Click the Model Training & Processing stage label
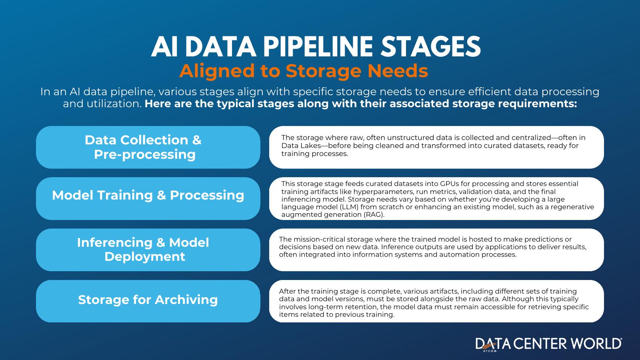coord(148,195)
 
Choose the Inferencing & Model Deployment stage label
coord(143,250)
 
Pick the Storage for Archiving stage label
coord(148,300)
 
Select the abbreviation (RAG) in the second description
coord(374,214)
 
